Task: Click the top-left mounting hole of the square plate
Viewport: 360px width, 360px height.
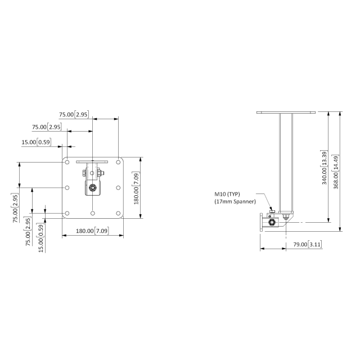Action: [x=67, y=162]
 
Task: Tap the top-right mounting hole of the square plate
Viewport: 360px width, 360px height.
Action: [x=118, y=162]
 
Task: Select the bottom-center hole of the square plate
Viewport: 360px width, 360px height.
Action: [x=92, y=213]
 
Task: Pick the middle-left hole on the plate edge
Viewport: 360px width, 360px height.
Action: [x=67, y=187]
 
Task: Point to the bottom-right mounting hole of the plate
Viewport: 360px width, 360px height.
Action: [x=118, y=213]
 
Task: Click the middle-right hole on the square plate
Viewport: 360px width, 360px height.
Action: [x=118, y=187]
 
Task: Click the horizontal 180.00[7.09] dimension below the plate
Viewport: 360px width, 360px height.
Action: [x=92, y=231]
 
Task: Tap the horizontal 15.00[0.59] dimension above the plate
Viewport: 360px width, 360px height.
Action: [x=36, y=142]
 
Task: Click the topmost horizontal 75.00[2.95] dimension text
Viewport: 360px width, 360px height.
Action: [x=74, y=114]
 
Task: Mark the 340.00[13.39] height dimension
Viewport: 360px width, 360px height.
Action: [x=324, y=171]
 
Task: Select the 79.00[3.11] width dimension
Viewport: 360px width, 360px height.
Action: [x=308, y=245]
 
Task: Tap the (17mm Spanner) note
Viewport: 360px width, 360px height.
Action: [x=235, y=201]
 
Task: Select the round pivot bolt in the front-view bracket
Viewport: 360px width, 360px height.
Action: [x=92, y=188]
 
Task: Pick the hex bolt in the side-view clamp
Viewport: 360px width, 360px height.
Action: [x=272, y=223]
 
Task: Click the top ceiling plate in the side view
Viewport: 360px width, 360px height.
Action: [x=286, y=112]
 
